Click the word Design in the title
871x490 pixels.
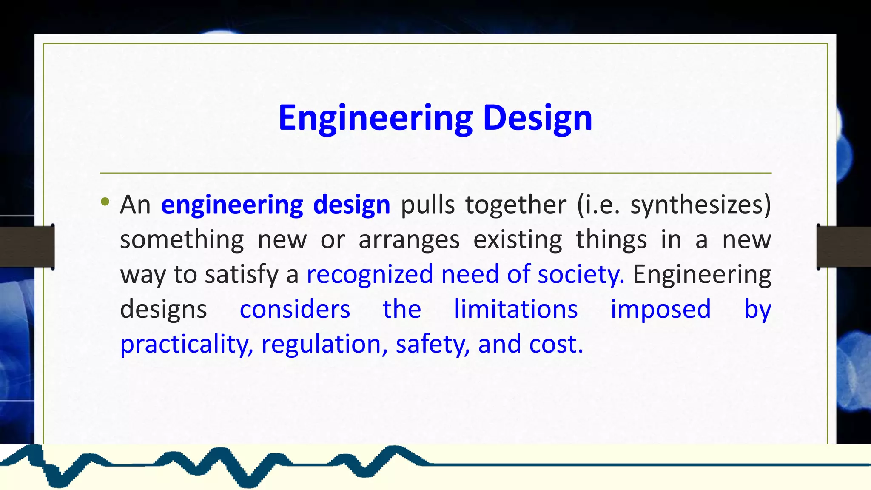pyautogui.click(x=538, y=118)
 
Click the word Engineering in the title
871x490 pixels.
pyautogui.click(x=375, y=118)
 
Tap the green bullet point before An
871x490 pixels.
pyautogui.click(x=105, y=202)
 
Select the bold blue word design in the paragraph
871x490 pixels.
pyautogui.click(x=351, y=205)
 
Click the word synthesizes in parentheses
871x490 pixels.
pyautogui.click(x=700, y=205)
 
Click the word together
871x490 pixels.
pyautogui.click(x=515, y=205)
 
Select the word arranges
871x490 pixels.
pyautogui.click(x=409, y=240)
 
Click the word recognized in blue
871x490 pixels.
pyautogui.click(x=369, y=274)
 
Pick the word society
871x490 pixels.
pyautogui.click(x=581, y=274)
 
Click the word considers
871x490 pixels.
pyautogui.click(x=295, y=309)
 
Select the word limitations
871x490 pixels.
pyautogui.click(x=515, y=309)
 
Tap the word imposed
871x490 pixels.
pyautogui.click(x=660, y=309)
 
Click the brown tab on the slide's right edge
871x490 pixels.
pyautogui.click(x=844, y=247)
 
